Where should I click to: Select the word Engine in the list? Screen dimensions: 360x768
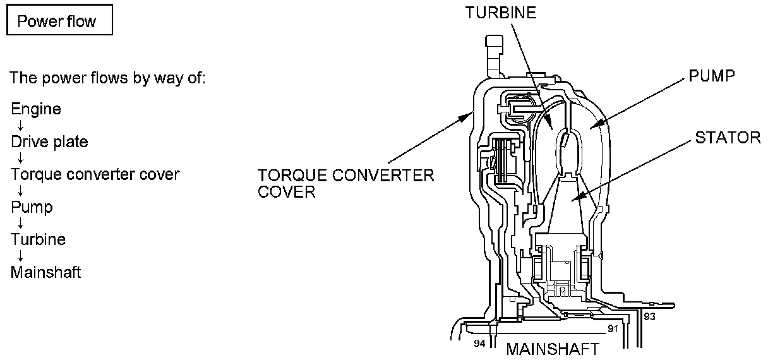coord(36,109)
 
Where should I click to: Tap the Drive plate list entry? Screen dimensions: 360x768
coord(49,142)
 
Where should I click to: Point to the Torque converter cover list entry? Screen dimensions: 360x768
coord(95,174)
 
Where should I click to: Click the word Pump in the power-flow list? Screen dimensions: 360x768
coord(32,207)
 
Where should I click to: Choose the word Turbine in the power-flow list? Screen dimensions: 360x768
coord(39,240)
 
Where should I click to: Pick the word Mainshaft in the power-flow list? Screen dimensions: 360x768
coord(46,273)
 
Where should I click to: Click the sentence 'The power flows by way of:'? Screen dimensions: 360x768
coord(107,79)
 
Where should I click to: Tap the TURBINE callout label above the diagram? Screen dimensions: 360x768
coord(501,13)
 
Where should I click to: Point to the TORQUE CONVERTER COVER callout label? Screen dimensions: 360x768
coord(346,183)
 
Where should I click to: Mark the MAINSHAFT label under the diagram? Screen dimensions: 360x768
coord(552,349)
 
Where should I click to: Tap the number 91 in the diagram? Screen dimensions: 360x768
coord(612,328)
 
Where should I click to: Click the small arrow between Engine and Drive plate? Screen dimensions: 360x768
coord(21,126)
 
